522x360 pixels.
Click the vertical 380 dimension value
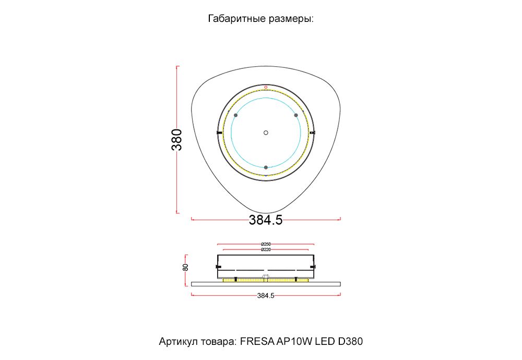point(177,139)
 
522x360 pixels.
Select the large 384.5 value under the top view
point(265,220)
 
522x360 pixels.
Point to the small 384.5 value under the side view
point(265,296)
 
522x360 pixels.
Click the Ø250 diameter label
point(265,244)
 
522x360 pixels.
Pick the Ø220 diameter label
point(265,250)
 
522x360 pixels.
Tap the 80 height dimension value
point(185,267)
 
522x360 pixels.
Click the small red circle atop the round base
point(266,87)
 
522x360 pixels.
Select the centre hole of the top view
point(266,133)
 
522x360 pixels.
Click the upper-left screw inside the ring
point(236,115)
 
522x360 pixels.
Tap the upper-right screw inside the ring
point(295,115)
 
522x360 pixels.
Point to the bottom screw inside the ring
point(266,167)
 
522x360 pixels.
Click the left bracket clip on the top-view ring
point(219,133)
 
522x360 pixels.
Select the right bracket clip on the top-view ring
point(313,133)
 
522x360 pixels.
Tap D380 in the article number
point(350,342)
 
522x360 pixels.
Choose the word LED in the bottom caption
point(325,342)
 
